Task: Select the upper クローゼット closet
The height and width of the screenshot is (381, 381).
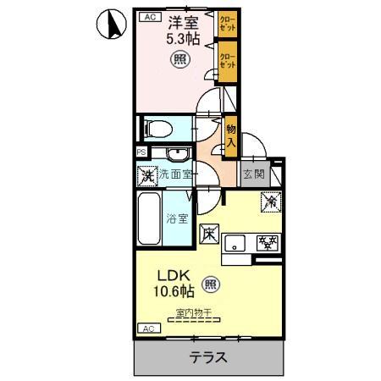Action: tap(227, 23)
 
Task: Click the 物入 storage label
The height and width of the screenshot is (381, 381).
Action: tap(230, 135)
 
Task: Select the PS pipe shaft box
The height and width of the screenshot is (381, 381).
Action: tap(141, 152)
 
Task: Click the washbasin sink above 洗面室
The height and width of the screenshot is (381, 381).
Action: tap(176, 153)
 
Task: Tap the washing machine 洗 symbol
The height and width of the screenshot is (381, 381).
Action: tap(147, 177)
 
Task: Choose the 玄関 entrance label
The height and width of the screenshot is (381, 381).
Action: tap(252, 175)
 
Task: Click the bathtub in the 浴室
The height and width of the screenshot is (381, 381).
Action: tap(149, 218)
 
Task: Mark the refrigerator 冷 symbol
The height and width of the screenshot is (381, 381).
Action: tap(271, 203)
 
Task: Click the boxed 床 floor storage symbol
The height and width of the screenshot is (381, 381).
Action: tap(207, 230)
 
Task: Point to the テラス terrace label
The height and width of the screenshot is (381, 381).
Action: tap(207, 356)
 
